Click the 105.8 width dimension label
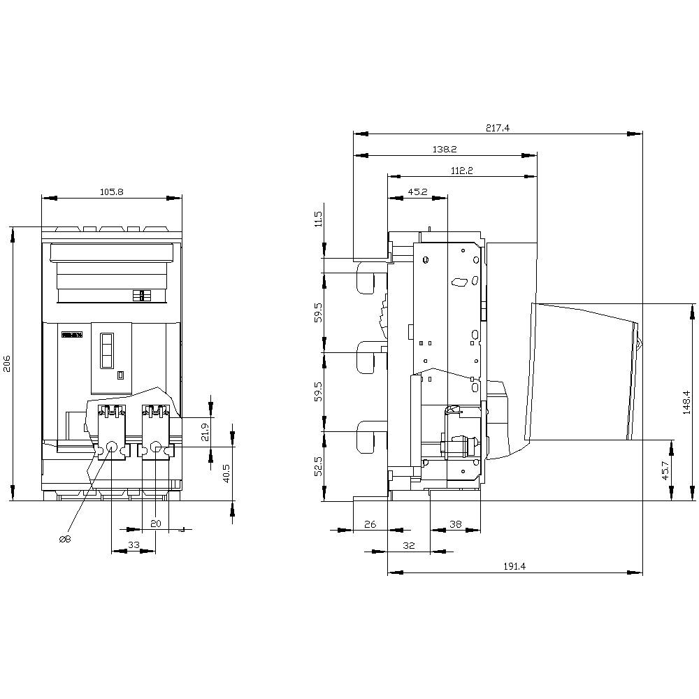point(112,192)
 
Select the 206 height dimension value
point(7,363)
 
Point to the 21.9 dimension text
point(205,433)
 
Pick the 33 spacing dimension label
point(134,545)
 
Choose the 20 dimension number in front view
point(155,524)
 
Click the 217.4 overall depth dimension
point(498,127)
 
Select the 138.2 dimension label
point(445,150)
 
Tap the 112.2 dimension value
point(462,171)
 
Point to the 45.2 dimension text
point(417,192)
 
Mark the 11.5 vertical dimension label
point(319,219)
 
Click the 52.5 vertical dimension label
point(319,466)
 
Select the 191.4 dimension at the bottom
point(514,566)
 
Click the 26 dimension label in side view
point(370,524)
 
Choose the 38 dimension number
point(455,524)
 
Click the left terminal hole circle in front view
point(111,447)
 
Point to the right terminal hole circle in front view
point(156,447)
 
